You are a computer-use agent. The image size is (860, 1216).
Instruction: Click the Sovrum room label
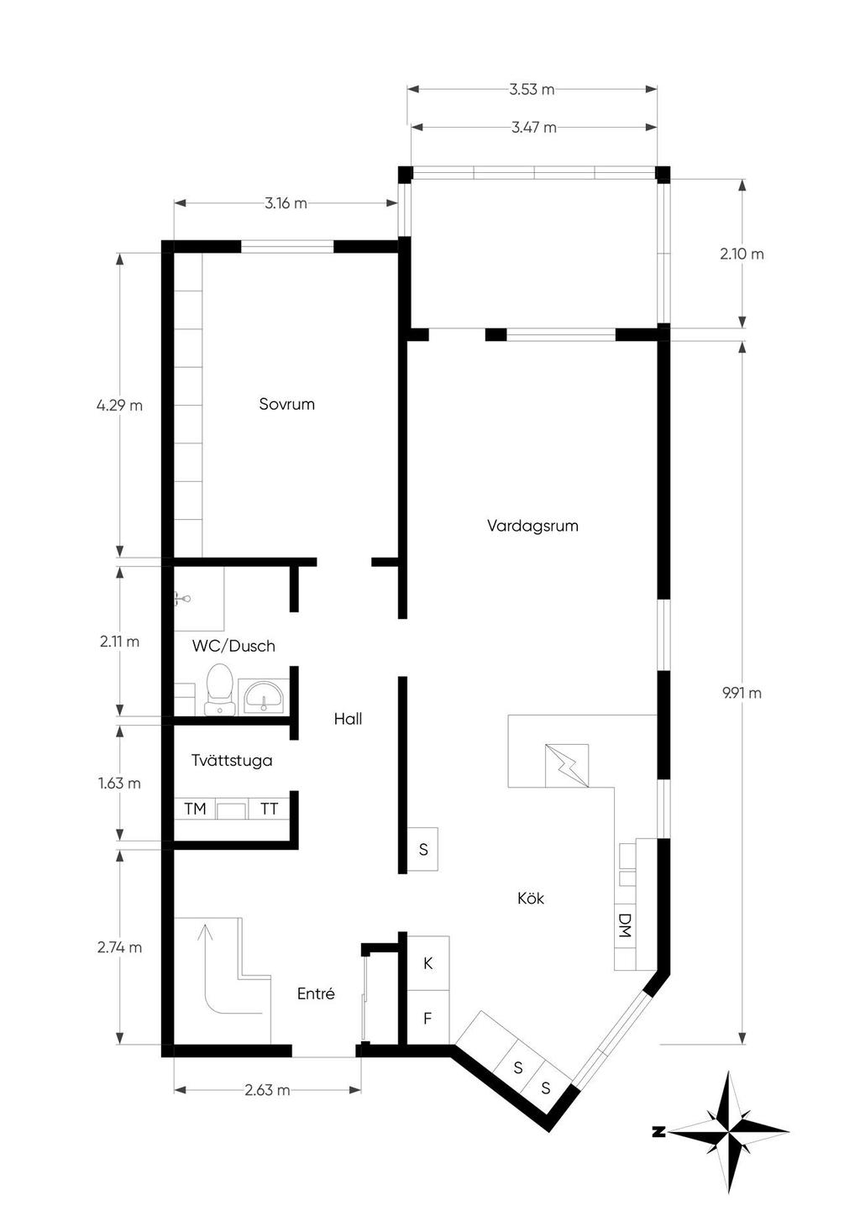tap(286, 404)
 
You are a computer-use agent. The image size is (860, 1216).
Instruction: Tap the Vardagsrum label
tap(532, 526)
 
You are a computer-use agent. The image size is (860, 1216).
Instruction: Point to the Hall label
tap(348, 719)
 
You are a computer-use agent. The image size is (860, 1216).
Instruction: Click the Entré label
tap(316, 993)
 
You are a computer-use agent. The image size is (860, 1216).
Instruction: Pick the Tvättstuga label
tap(232, 760)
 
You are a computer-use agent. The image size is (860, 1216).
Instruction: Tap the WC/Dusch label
tap(233, 646)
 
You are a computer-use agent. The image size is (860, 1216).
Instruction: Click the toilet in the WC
tap(219, 689)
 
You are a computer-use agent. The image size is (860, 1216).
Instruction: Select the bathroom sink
tap(264, 696)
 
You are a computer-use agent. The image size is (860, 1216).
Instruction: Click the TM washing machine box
tap(195, 809)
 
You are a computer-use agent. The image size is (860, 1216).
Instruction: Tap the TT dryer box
tap(269, 809)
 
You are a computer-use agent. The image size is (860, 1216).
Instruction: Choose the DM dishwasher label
tap(624, 925)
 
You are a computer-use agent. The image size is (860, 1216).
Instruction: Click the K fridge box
tap(427, 963)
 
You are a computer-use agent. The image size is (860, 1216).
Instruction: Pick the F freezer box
tap(427, 1018)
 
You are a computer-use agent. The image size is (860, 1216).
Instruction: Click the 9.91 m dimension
tap(742, 693)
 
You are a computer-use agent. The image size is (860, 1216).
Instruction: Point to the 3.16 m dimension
tap(286, 203)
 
